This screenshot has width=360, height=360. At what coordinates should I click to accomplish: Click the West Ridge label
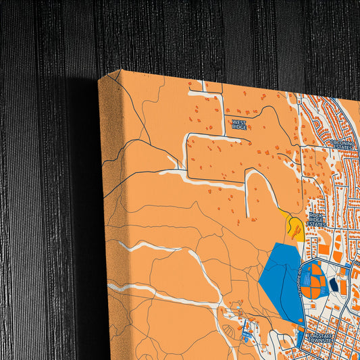coord(239,124)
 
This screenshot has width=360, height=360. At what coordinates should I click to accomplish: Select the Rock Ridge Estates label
coord(316,220)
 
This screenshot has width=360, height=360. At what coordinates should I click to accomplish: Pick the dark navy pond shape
coord(333,286)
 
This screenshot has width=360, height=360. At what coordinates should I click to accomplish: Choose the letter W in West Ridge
coord(234,121)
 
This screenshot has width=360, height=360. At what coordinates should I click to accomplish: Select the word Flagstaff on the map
coord(322,335)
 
